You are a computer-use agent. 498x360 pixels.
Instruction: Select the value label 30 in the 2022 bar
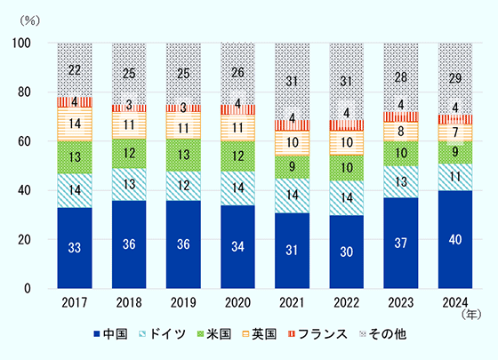346,252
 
